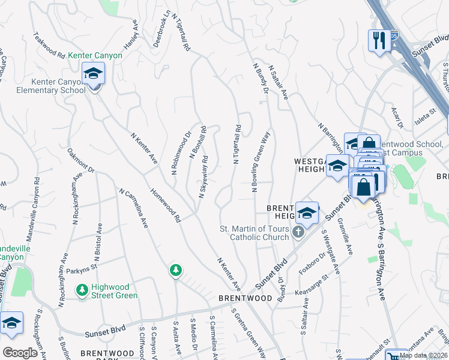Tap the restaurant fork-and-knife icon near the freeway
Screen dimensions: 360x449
379,41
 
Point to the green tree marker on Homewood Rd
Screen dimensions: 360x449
175,271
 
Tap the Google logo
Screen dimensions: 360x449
20,353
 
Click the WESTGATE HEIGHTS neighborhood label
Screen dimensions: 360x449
310,166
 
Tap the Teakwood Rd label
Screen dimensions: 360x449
49,45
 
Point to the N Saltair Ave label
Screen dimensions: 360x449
278,82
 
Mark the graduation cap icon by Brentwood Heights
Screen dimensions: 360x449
306,212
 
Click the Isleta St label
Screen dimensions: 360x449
424,113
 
